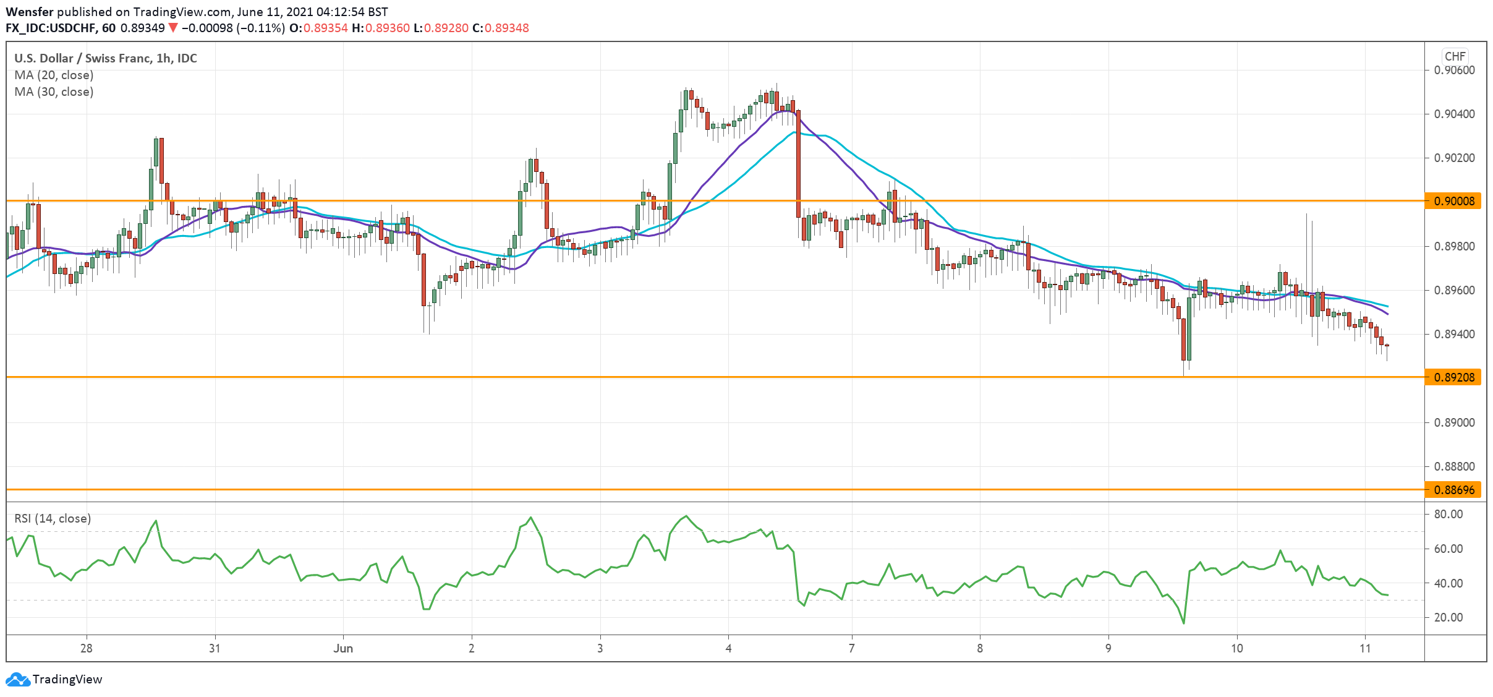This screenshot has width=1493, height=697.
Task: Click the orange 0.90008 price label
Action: click(1453, 201)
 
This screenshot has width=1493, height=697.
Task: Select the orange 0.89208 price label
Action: click(1453, 377)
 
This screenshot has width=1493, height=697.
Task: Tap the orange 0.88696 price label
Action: click(1453, 490)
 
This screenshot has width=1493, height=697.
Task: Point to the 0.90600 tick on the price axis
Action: click(1453, 71)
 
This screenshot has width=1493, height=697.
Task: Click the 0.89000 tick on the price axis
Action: click(1453, 423)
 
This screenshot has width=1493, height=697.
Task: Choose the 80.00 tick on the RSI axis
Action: click(1447, 515)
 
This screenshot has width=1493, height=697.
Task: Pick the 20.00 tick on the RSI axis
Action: click(1447, 617)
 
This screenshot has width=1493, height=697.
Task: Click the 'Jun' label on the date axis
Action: click(343, 649)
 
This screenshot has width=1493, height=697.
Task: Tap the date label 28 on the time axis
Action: click(87, 649)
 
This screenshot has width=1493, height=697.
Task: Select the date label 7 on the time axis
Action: click(852, 649)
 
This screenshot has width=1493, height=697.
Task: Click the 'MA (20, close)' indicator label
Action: click(54, 75)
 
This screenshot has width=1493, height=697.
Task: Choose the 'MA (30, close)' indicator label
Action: click(54, 92)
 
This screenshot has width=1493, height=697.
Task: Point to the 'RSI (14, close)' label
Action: click(53, 519)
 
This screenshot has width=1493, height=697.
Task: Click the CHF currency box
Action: click(1455, 56)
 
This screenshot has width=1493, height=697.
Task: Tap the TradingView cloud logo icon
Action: click(17, 680)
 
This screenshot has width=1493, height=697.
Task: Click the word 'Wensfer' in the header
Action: click(30, 12)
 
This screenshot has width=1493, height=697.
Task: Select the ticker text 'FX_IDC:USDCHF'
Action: click(51, 28)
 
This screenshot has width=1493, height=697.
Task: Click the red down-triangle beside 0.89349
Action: click(173, 28)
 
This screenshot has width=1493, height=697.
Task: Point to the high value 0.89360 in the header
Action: click(387, 28)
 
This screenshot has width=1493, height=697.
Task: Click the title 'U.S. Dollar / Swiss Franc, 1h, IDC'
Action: click(106, 59)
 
